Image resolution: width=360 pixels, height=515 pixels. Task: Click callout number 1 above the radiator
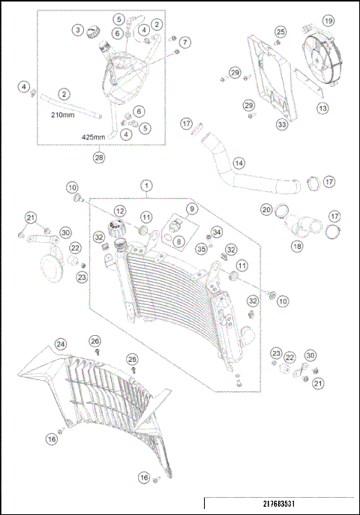pos(145,185)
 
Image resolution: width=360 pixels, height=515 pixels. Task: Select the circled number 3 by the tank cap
pos(78,30)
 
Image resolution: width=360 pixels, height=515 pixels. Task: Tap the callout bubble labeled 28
pos(97,157)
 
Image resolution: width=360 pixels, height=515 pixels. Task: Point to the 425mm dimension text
pos(94,138)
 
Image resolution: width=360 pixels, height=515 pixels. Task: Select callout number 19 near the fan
pos(328,20)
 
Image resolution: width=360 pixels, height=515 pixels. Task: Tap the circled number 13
pos(322,108)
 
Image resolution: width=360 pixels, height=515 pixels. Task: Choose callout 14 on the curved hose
pos(238,162)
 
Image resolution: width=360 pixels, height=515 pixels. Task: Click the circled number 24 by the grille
pos(60,344)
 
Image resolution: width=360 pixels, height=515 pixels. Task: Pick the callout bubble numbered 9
pos(192,208)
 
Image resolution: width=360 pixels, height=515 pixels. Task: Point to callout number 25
pos(280,31)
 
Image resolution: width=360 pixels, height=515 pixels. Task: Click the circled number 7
pos(184,42)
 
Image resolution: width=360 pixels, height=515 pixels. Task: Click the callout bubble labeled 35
pos(201,248)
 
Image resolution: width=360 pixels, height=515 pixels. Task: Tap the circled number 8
pos(178,241)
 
